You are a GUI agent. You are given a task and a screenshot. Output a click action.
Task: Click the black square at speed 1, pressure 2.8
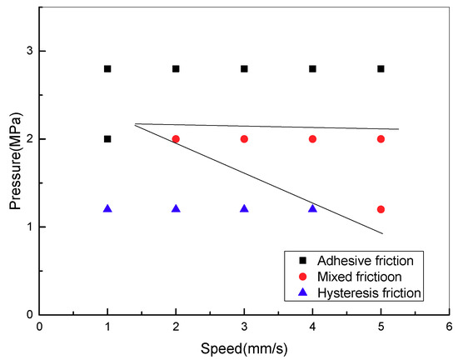pos(107,68)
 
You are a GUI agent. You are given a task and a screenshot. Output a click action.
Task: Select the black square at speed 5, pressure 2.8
pos(381,68)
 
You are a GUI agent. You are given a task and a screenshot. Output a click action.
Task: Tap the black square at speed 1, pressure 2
pos(107,138)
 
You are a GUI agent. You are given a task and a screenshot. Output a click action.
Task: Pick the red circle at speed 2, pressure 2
pos(176,138)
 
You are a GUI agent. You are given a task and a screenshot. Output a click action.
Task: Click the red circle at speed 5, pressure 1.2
pos(381,209)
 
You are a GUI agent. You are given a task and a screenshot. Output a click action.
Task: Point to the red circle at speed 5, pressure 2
pos(381,138)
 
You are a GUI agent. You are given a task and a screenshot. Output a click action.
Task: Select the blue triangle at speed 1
pos(107,208)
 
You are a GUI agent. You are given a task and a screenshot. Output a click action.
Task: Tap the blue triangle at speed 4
pos(312,208)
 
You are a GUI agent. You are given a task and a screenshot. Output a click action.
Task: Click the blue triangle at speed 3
pos(244,208)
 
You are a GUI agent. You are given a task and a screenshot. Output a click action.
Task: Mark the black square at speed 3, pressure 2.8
pos(244,68)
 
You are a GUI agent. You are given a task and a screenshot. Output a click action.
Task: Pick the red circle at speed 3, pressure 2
pos(244,138)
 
